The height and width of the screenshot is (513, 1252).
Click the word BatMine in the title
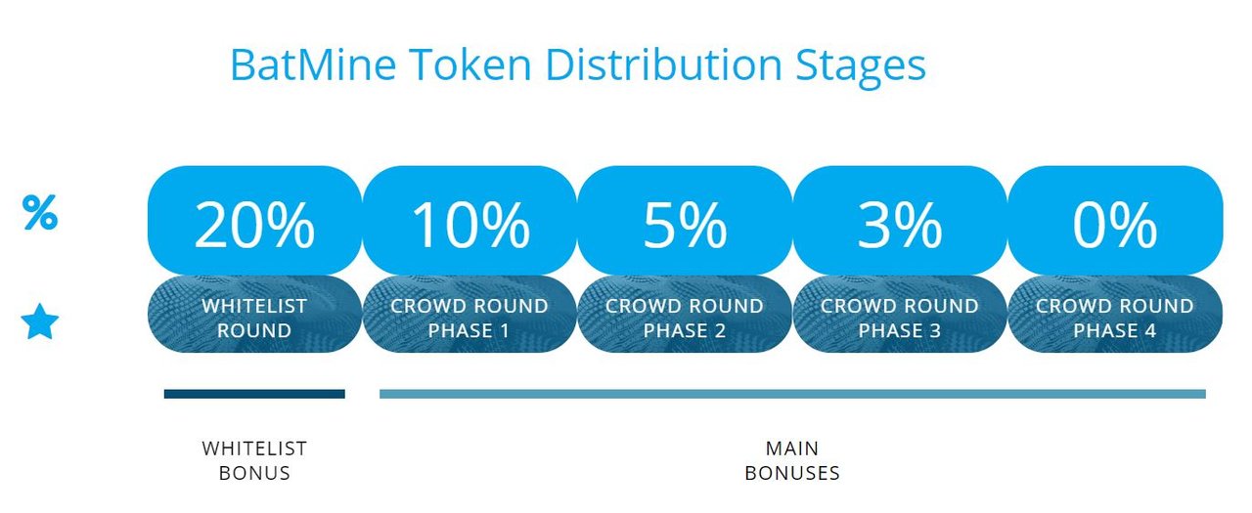pyautogui.click(x=313, y=64)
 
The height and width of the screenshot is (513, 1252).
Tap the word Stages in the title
pyautogui.click(x=861, y=68)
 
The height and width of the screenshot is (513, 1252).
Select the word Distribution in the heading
pyautogui.click(x=663, y=64)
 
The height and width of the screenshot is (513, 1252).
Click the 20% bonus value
pyautogui.click(x=254, y=225)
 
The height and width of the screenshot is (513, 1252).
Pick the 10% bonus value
pyautogui.click(x=470, y=225)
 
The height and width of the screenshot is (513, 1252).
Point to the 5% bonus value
pyautogui.click(x=685, y=225)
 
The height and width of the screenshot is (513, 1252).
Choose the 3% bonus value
pyautogui.click(x=900, y=225)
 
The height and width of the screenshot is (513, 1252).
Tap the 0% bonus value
pyautogui.click(x=1114, y=225)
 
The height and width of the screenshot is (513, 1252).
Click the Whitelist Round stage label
pyautogui.click(x=254, y=319)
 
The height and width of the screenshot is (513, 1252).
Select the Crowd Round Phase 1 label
pyautogui.click(x=469, y=319)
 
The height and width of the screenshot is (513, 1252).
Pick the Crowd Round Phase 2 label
pyautogui.click(x=685, y=319)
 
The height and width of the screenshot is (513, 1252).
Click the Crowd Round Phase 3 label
pyautogui.click(x=900, y=319)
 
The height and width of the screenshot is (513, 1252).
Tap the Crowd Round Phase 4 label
pyautogui.click(x=1115, y=319)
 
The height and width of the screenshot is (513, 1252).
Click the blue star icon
pyautogui.click(x=40, y=322)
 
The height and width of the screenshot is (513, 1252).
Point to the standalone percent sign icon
pyautogui.click(x=40, y=212)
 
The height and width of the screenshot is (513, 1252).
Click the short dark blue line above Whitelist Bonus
pyautogui.click(x=254, y=394)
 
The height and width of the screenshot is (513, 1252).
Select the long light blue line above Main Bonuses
pyautogui.click(x=792, y=394)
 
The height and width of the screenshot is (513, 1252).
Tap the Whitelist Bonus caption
pyautogui.click(x=254, y=460)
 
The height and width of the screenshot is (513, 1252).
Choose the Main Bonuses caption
pyautogui.click(x=792, y=460)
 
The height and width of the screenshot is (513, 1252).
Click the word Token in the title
pyautogui.click(x=470, y=64)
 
